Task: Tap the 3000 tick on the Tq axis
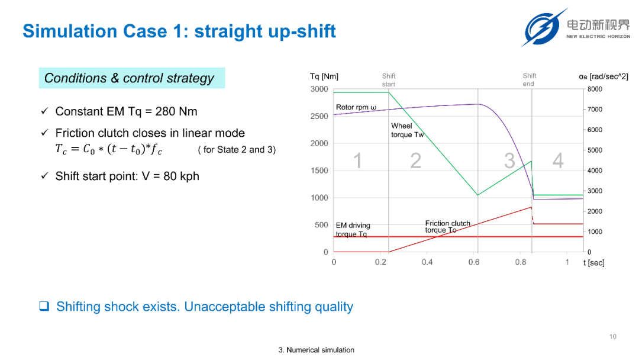(319, 89)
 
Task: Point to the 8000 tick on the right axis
(595, 89)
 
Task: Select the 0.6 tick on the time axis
(473, 262)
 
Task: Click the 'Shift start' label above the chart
(389, 80)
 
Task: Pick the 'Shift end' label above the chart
(529, 79)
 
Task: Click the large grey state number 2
(416, 160)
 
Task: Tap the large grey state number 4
(558, 160)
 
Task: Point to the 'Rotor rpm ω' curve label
(356, 107)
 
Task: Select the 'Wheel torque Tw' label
(408, 130)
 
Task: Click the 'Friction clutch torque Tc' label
(447, 227)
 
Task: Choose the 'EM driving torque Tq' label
(353, 230)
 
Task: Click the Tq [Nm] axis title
(324, 76)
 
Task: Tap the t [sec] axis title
(594, 262)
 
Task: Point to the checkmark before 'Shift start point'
(45, 176)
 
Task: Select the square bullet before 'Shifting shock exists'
(44, 306)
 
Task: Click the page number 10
(613, 336)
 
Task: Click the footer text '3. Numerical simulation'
(316, 350)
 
